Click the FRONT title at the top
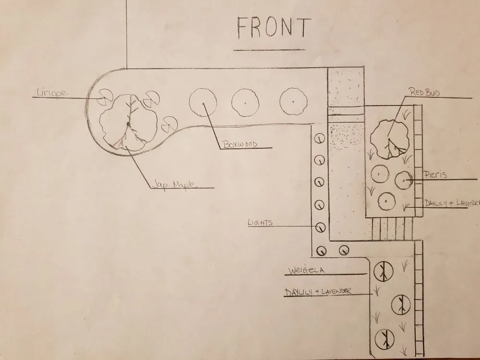274,27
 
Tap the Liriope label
52,92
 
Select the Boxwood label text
240,144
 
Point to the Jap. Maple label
174,185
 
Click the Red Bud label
424,92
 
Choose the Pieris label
435,175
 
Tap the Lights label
260,223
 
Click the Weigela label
306,270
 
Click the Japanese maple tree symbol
129,123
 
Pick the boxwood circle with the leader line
203,103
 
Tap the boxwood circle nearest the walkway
293,102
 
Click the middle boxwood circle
245,103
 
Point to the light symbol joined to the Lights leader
320,228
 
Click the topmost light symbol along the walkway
320,139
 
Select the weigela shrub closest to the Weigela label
383,271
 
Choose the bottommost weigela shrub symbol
384,339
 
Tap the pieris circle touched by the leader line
404,180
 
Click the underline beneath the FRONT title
269,49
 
